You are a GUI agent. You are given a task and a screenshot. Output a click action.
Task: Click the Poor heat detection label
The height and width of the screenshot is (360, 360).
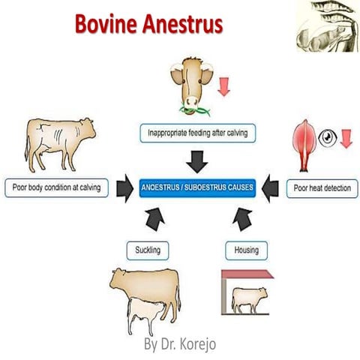click(321, 187)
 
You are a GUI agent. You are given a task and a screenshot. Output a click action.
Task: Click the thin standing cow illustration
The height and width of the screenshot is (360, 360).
click(57, 142)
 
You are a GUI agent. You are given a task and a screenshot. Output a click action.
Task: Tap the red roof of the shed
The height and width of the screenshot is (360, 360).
click(247, 274)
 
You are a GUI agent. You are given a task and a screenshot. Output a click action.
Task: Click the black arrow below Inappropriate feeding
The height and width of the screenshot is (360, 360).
click(197, 159)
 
